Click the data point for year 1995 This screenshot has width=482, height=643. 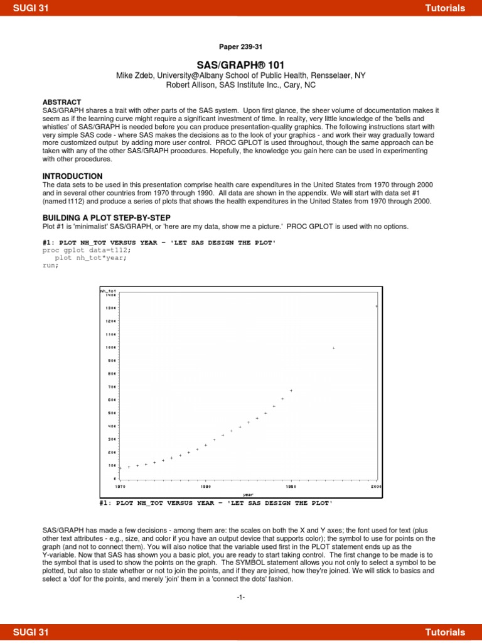click(334, 348)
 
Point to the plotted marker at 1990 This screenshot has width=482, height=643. click(291, 391)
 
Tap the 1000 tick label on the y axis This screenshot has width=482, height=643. click(111, 347)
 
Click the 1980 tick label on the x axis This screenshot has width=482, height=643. click(205, 486)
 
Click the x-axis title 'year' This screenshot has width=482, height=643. click(248, 494)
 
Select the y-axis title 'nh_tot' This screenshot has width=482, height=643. click(108, 291)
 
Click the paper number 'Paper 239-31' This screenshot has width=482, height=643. click(240, 46)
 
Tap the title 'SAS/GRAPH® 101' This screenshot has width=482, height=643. click(241, 65)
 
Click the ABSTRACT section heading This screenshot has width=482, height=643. click(62, 101)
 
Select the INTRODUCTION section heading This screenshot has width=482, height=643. click(72, 176)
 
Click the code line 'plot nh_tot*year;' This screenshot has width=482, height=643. click(90, 257)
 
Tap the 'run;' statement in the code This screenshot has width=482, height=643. click(50, 265)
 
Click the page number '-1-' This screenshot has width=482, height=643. click(241, 597)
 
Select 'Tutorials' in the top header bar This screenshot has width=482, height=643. click(445, 8)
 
